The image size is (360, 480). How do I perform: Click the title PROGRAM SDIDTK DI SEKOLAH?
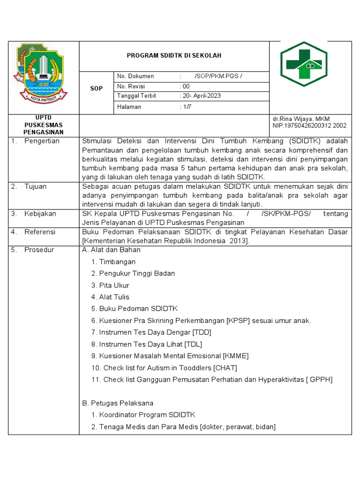click(x=174, y=56)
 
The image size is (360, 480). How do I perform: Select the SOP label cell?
click(x=96, y=88)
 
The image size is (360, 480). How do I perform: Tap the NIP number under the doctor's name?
click(x=309, y=126)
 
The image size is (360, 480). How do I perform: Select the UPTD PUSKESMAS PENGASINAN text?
click(x=43, y=125)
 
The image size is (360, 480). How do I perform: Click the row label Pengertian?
click(x=42, y=141)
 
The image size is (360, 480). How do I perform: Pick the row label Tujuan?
click(x=36, y=187)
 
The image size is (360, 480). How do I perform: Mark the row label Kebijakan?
click(x=40, y=214)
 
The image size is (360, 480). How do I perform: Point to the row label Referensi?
click(x=40, y=232)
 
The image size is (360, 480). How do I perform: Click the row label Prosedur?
click(x=39, y=250)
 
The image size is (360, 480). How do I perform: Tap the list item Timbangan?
click(x=117, y=262)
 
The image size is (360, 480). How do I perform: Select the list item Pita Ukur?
click(x=114, y=285)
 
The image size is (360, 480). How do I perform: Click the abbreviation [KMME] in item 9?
click(x=236, y=356)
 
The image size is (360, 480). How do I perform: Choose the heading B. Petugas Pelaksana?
click(x=118, y=403)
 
